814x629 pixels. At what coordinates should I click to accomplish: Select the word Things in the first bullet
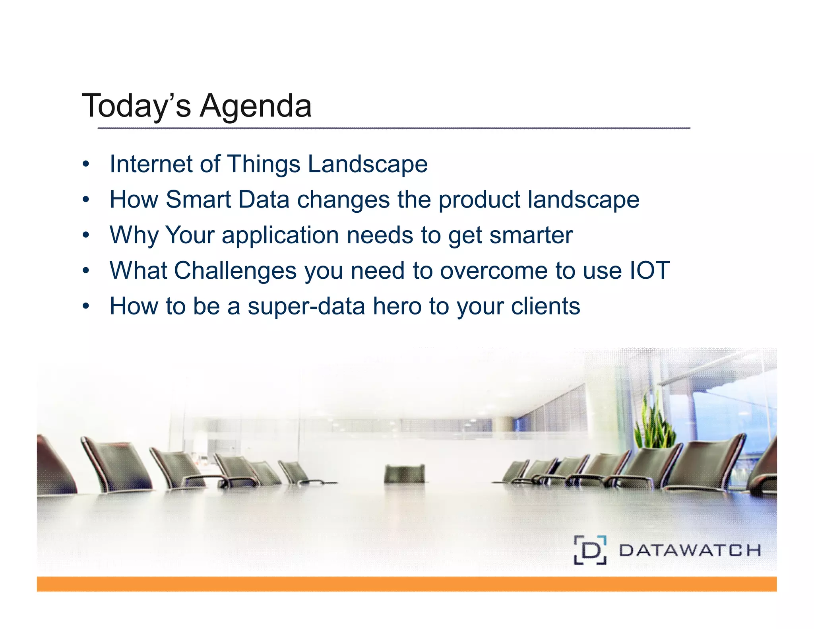coord(263,164)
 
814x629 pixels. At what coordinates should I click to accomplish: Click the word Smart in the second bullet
coord(198,199)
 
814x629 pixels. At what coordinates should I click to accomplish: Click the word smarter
coord(531,235)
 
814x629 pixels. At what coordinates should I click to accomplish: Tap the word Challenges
coord(235,270)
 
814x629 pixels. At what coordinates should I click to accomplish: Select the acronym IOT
coord(649,270)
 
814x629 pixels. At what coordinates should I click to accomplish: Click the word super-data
coord(306,306)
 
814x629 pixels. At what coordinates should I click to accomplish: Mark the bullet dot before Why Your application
coord(86,235)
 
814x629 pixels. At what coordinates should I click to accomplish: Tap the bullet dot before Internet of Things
coord(86,164)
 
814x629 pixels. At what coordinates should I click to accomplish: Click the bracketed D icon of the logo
coord(590,550)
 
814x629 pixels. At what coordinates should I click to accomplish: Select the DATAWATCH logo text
coord(690,550)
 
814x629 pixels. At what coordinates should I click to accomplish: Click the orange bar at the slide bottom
coord(406,584)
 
